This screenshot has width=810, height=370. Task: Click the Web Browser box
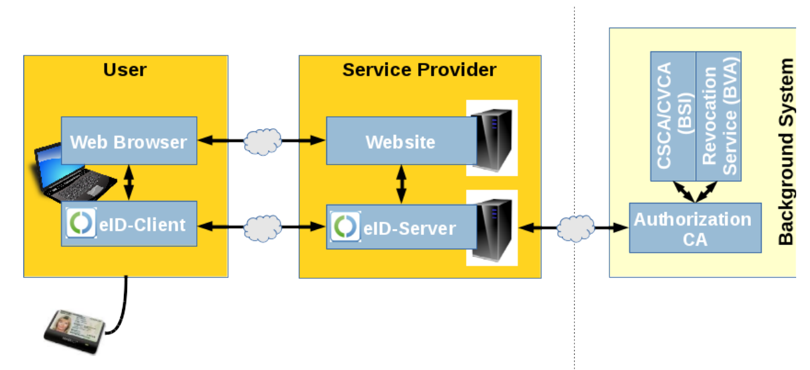[x=129, y=141]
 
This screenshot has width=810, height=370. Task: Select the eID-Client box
[x=129, y=224]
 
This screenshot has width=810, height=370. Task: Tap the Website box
[x=401, y=141]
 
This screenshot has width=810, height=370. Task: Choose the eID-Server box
[x=401, y=227]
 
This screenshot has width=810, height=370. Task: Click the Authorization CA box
[x=694, y=228]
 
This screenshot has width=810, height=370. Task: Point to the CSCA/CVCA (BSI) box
[x=673, y=116]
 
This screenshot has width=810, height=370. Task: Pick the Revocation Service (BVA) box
[x=719, y=116]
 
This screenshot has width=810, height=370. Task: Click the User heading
[x=125, y=69]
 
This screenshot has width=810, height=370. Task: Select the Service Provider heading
[x=419, y=69]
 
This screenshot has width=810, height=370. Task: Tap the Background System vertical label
[x=786, y=151]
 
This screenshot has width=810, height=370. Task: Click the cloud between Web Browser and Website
[x=262, y=141]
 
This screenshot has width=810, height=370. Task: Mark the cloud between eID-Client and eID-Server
[x=262, y=227]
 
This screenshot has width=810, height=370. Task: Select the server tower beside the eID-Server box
[x=492, y=228]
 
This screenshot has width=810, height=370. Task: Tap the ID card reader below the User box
[x=75, y=330]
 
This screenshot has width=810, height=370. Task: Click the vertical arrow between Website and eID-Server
[x=401, y=184]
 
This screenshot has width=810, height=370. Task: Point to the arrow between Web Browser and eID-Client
[x=129, y=183]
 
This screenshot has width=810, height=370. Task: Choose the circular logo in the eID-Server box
[x=345, y=227]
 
